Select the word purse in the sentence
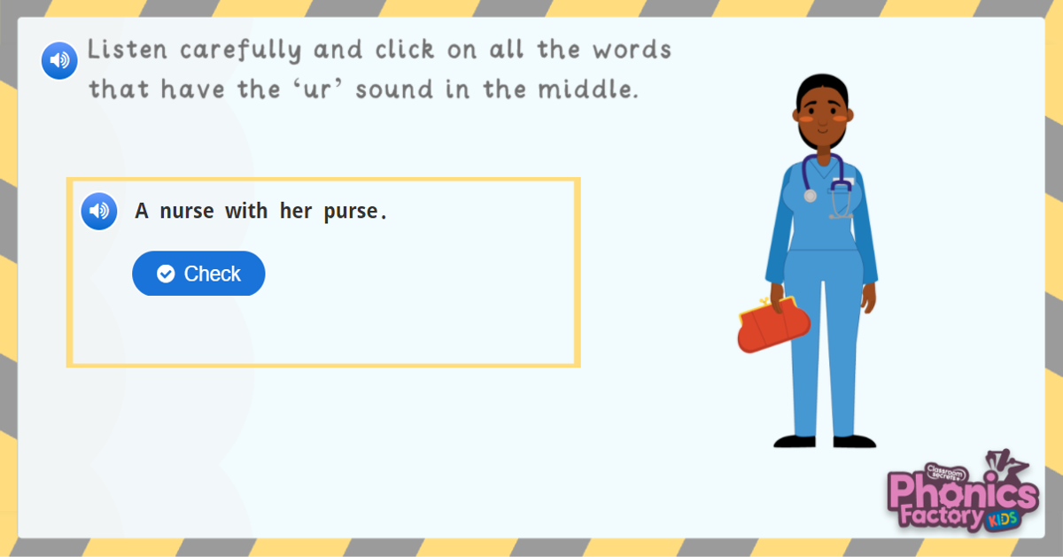point(356,212)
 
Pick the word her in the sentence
point(295,212)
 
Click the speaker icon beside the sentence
point(99,211)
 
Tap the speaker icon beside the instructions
point(59,60)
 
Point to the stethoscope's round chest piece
point(810,196)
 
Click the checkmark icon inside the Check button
point(166,274)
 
